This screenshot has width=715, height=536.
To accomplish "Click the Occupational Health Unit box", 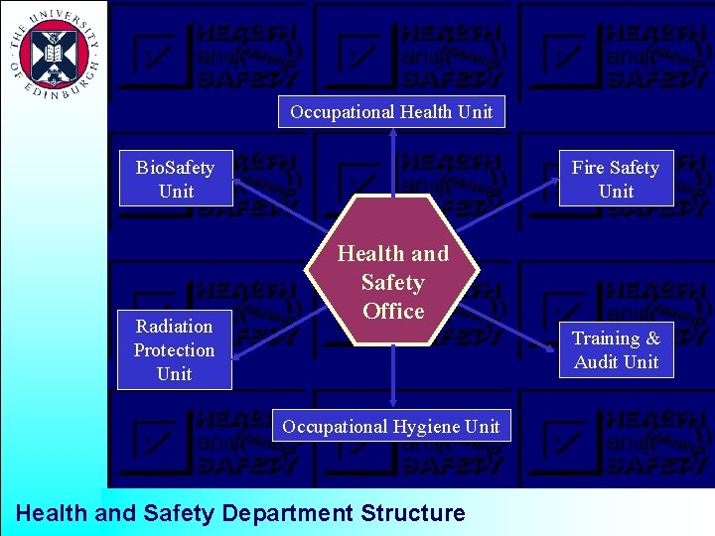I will pos(391,112).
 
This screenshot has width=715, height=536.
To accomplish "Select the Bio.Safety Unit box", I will pos(176,179).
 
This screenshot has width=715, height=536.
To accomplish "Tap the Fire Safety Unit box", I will pos(616,179).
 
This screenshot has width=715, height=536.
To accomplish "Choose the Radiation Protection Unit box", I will pos(175,349).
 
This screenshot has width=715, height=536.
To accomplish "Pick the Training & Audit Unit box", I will pos(616,349).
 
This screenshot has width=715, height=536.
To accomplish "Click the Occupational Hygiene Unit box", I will pos(391,426).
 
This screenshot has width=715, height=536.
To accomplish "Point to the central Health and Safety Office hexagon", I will pos(393,282).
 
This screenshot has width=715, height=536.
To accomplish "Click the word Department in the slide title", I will pos(287,513).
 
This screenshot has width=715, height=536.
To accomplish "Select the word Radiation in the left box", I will pos(175,326).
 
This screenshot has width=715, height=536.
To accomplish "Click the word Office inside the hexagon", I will pos(393,311).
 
